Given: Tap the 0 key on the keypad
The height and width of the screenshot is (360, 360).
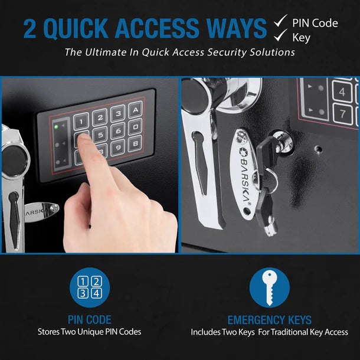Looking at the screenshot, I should [x=135, y=125].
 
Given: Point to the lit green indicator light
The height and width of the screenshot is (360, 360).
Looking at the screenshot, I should [x=56, y=126].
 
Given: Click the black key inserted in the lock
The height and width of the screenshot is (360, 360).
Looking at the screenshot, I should [x=271, y=145].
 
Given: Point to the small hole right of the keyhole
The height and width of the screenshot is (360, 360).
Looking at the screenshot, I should [x=319, y=148].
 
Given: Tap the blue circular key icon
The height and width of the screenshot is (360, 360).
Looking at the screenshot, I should [x=269, y=287].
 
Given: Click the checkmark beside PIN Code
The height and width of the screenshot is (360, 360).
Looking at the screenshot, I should [x=280, y=22].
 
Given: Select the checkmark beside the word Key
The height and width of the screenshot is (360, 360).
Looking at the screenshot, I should [x=280, y=38].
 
